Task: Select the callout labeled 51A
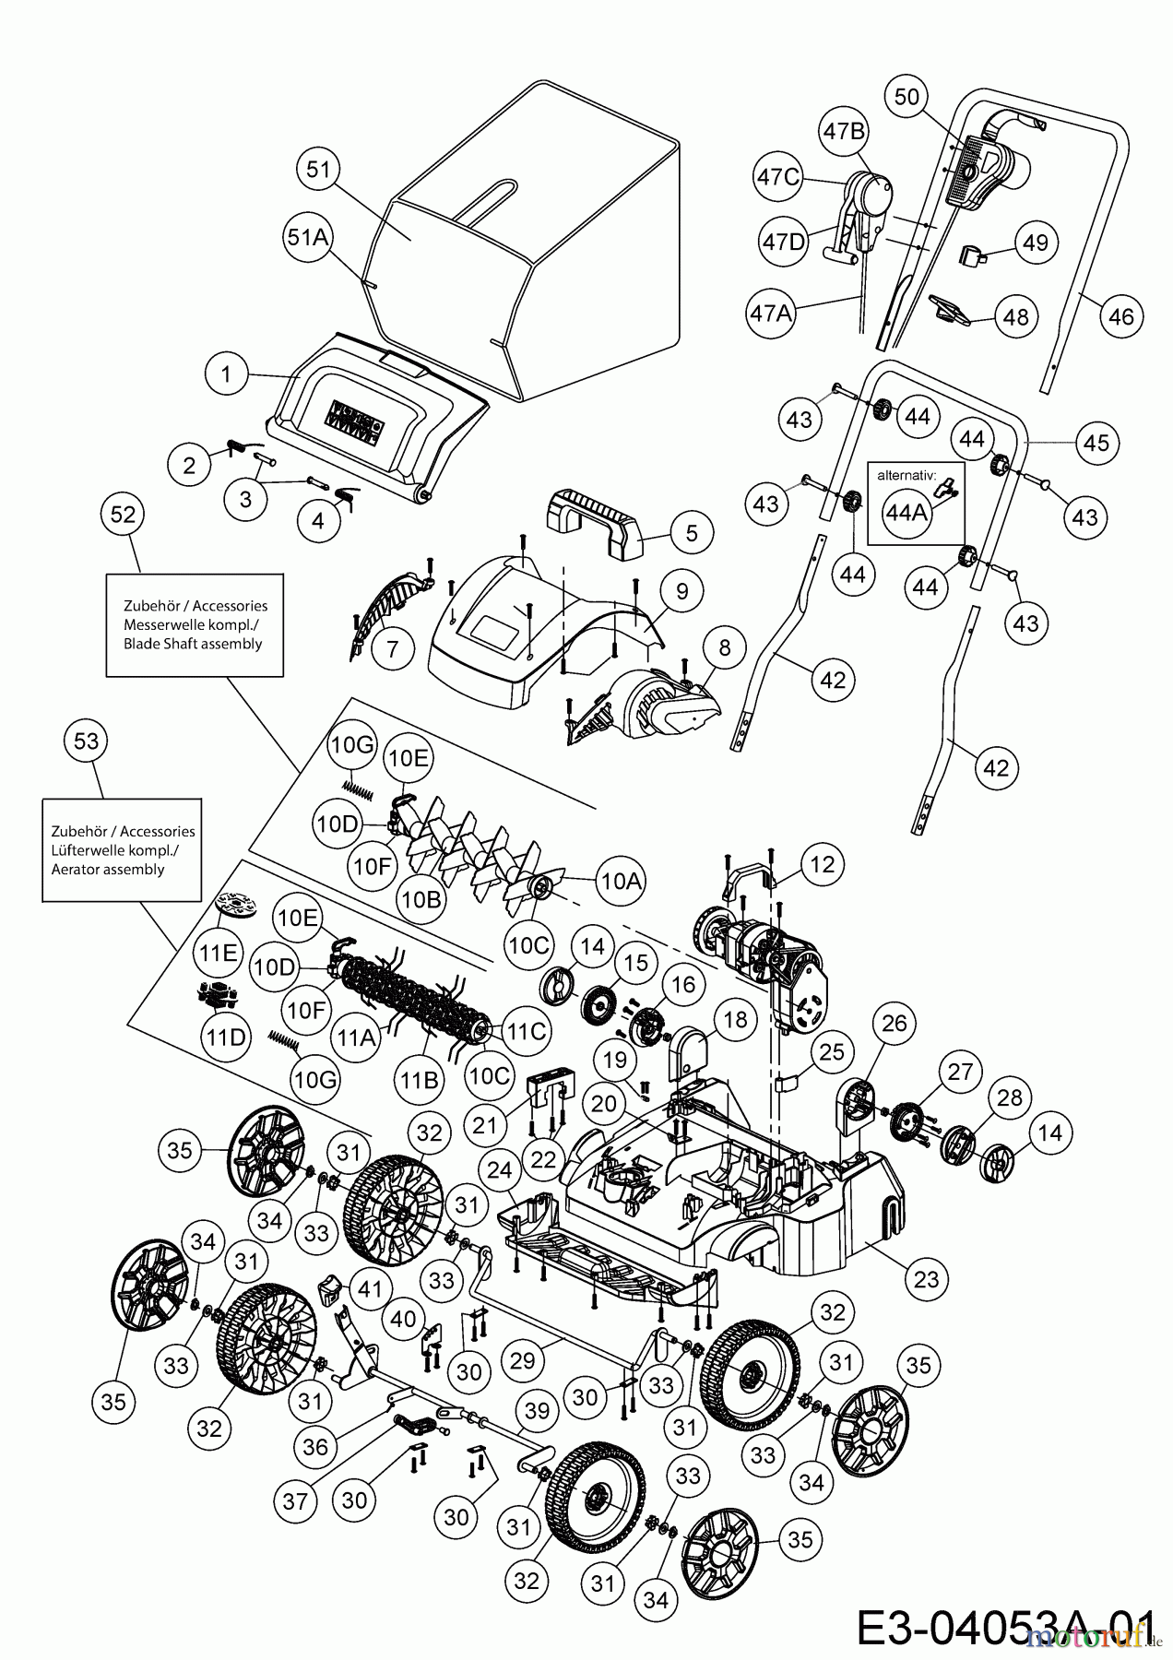pyautogui.click(x=308, y=237)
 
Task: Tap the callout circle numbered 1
pyautogui.click(x=226, y=374)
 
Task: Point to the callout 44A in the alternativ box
pyautogui.click(x=906, y=513)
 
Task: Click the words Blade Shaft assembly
pyautogui.click(x=193, y=645)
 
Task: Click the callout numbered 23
pyautogui.click(x=926, y=1278)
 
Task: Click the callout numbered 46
pyautogui.click(x=1120, y=317)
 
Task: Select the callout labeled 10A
pyautogui.click(x=621, y=880)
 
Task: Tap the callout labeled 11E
pyautogui.click(x=219, y=953)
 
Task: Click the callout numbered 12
pyautogui.click(x=822, y=864)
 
